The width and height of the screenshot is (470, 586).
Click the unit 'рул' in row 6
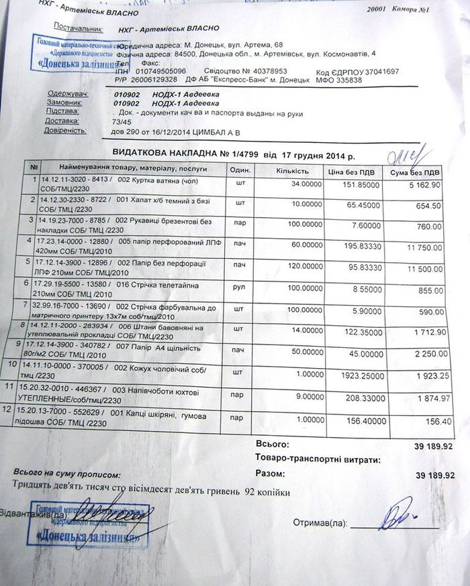[x=240, y=289]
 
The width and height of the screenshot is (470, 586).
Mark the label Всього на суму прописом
[x=54, y=472]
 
